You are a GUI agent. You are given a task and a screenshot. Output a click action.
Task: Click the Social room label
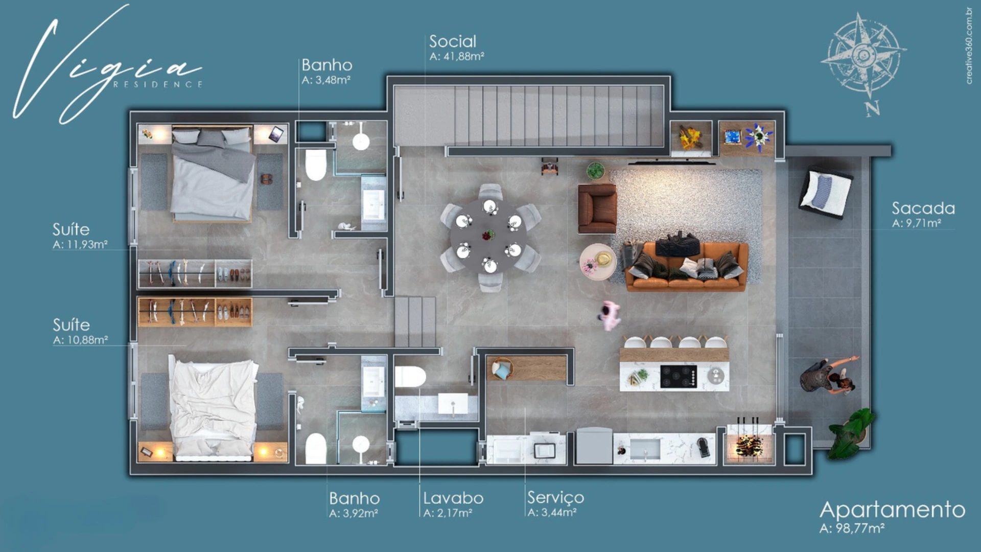tap(453, 41)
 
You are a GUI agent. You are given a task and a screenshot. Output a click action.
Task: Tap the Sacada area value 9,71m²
tap(923, 223)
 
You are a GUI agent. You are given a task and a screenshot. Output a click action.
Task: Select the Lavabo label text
tap(453, 498)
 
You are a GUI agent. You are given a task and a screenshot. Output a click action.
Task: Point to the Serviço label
tap(555, 497)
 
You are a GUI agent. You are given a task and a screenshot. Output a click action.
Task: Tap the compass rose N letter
tap(873, 108)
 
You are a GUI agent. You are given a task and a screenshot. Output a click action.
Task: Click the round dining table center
tap(489, 236)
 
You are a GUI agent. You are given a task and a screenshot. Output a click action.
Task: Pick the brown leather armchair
tap(597, 208)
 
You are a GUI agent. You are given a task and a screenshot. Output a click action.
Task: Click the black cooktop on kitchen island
tap(679, 377)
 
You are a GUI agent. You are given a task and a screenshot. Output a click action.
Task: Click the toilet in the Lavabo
tap(410, 377)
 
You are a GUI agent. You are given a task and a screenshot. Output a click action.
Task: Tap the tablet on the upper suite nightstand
tap(276, 134)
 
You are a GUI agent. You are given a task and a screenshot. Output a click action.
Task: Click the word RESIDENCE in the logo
tap(158, 84)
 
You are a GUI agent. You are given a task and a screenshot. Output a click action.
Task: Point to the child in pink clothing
tap(609, 315)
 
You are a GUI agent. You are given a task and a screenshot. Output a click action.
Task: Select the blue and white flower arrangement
tap(758, 136)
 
